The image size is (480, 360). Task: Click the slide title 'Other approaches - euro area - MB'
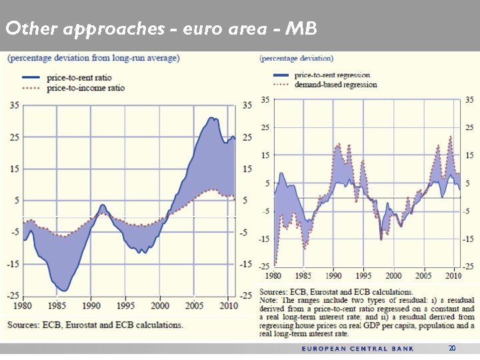coord(161,29)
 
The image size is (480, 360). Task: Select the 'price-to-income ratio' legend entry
coord(85,87)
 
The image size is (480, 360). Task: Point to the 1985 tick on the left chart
coord(57,305)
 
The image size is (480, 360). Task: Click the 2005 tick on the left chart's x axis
coord(194,305)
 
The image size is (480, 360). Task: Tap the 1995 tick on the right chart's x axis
coord(363,275)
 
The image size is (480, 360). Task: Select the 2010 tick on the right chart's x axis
coord(453,275)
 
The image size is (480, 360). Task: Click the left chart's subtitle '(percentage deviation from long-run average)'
coord(93,58)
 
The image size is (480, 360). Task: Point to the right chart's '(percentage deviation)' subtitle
coord(297,58)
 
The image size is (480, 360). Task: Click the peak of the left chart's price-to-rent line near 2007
coord(211,118)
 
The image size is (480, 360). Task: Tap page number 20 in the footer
coord(452,348)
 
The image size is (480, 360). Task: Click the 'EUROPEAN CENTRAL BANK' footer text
coord(358,349)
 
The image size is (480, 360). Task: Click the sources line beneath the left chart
coord(95,325)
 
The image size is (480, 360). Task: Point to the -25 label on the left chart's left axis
coord(13,295)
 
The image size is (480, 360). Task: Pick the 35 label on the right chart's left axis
coord(265,100)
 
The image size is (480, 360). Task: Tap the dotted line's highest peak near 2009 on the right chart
coord(450,137)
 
